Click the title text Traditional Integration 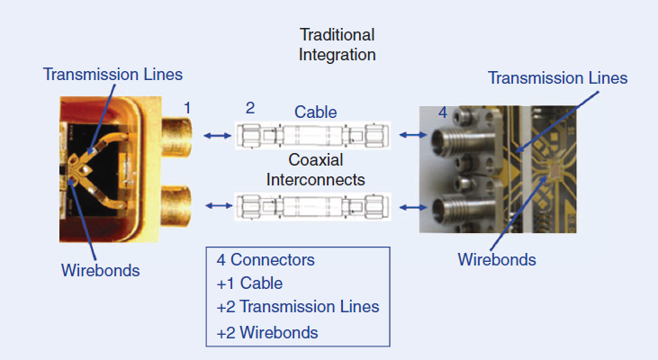[x=337, y=44]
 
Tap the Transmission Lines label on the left [x=113, y=74]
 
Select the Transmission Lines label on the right [x=557, y=78]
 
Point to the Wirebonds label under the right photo [x=497, y=260]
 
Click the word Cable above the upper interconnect [x=315, y=112]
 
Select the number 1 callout [x=187, y=108]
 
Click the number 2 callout [x=250, y=108]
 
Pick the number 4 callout [x=442, y=112]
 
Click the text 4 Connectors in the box [x=266, y=260]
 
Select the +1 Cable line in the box [x=248, y=283]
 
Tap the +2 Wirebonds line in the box [x=267, y=332]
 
